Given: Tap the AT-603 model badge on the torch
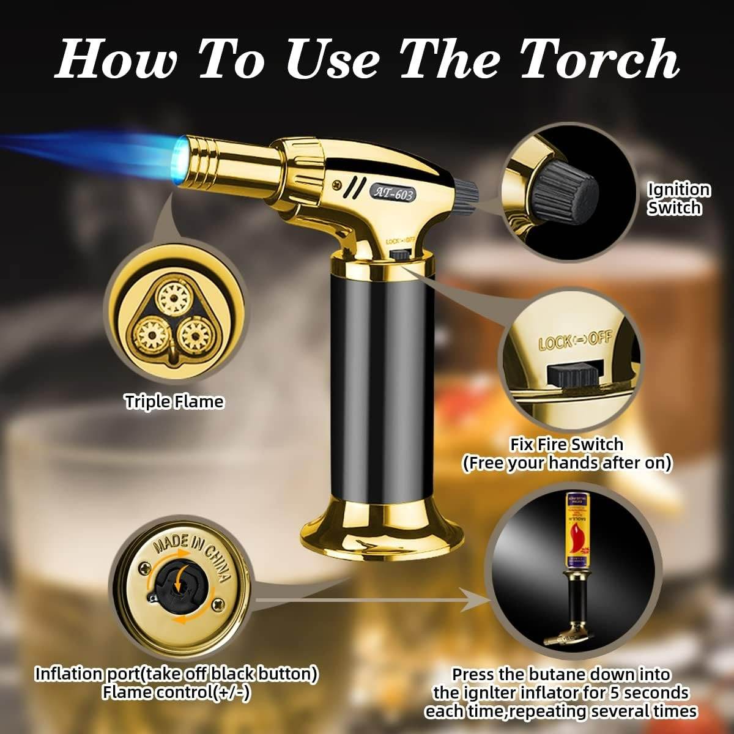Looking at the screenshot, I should (394, 192).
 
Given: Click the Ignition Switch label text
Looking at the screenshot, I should (679, 199).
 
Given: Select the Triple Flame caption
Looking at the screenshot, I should (174, 402).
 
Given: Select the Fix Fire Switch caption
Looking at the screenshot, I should (566, 444).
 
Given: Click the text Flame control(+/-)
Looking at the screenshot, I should (176, 692).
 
